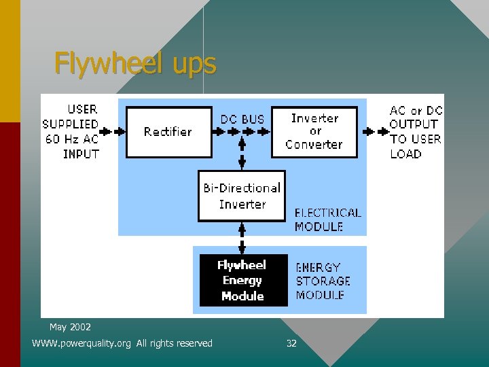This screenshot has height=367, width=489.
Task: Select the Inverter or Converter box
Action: pos(314,132)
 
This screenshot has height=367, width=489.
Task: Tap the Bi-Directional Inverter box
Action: pos(242,196)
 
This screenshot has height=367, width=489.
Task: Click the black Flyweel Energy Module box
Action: pos(242,280)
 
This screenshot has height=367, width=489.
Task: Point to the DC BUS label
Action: pos(242,120)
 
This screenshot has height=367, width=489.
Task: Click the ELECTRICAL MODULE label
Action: pos(327,220)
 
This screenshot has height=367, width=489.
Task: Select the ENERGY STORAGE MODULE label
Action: pos(323,281)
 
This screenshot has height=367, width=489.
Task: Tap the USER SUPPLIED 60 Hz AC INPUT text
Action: pos(71,131)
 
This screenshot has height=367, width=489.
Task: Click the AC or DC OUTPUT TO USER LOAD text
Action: pos(415,132)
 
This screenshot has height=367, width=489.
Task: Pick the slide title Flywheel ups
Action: pos(135,64)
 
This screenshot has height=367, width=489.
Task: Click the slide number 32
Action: pos(291,344)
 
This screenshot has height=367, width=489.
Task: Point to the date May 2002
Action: pos(70,328)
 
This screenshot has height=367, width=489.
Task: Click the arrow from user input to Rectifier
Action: pos(113,132)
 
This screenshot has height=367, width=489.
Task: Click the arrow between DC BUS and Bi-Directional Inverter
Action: pos(242,154)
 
